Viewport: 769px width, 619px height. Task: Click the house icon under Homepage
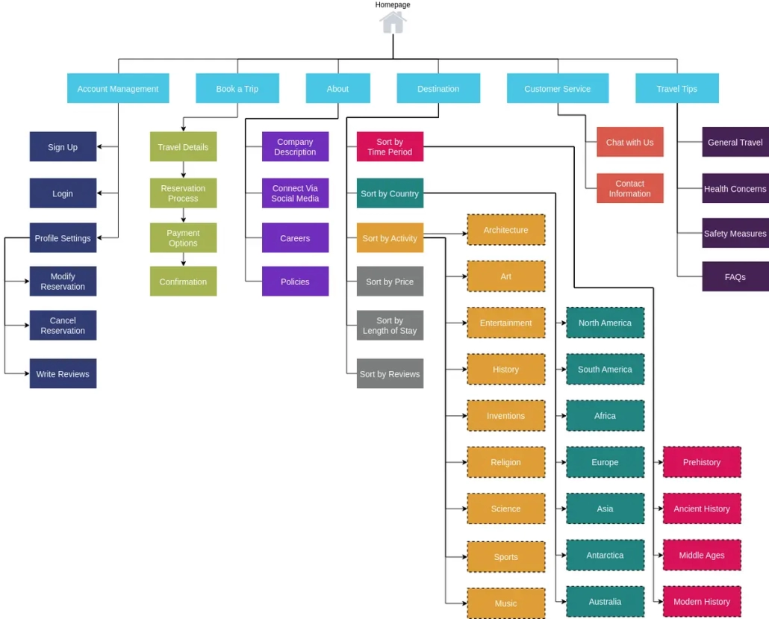[393, 22]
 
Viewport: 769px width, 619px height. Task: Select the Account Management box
[118, 88]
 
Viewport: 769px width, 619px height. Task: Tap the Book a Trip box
[237, 88]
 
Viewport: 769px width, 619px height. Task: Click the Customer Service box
[557, 88]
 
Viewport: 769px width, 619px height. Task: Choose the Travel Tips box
[676, 88]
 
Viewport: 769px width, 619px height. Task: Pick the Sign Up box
[63, 147]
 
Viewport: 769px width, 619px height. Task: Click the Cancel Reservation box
[63, 326]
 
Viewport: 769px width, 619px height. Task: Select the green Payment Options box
[183, 238]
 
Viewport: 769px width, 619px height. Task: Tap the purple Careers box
[295, 238]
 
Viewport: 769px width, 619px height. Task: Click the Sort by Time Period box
[390, 147]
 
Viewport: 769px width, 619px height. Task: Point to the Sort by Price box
[390, 281]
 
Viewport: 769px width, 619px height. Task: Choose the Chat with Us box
[629, 142]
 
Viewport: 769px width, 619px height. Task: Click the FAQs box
[735, 277]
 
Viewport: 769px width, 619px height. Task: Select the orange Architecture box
[505, 230]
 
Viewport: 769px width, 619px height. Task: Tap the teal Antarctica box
[605, 556]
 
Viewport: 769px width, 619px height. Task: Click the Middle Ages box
[702, 556]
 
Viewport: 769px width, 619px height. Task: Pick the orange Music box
[505, 603]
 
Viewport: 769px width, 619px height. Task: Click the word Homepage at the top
[393, 4]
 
